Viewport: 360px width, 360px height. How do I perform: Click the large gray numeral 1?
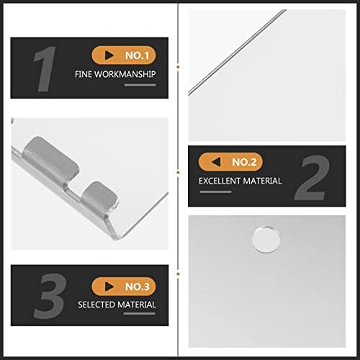click(x=45, y=69)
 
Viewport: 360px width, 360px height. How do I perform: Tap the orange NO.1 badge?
click(x=124, y=55)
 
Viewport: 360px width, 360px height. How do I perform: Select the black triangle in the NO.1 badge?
click(x=109, y=55)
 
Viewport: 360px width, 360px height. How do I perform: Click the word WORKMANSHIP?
click(x=125, y=74)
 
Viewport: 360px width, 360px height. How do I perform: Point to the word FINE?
click(x=84, y=74)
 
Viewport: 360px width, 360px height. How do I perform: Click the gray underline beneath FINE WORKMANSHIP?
click(x=140, y=85)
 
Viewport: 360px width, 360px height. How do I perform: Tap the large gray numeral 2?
click(x=312, y=178)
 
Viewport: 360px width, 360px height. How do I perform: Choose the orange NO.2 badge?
click(x=230, y=162)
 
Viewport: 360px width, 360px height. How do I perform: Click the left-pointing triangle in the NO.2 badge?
click(x=216, y=162)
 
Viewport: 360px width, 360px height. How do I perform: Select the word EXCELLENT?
click(x=220, y=181)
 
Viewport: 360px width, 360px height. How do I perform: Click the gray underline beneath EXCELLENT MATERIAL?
click(x=215, y=192)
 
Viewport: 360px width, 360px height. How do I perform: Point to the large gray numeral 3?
click(x=50, y=296)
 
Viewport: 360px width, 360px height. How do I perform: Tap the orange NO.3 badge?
click(x=124, y=287)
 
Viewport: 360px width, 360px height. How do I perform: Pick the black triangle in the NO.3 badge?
click(x=109, y=287)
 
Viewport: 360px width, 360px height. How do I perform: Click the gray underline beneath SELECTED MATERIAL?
click(x=140, y=313)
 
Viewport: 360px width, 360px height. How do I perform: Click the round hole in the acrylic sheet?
click(x=266, y=239)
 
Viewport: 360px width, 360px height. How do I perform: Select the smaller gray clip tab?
click(x=99, y=195)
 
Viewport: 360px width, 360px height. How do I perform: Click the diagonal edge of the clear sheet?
click(x=237, y=52)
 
